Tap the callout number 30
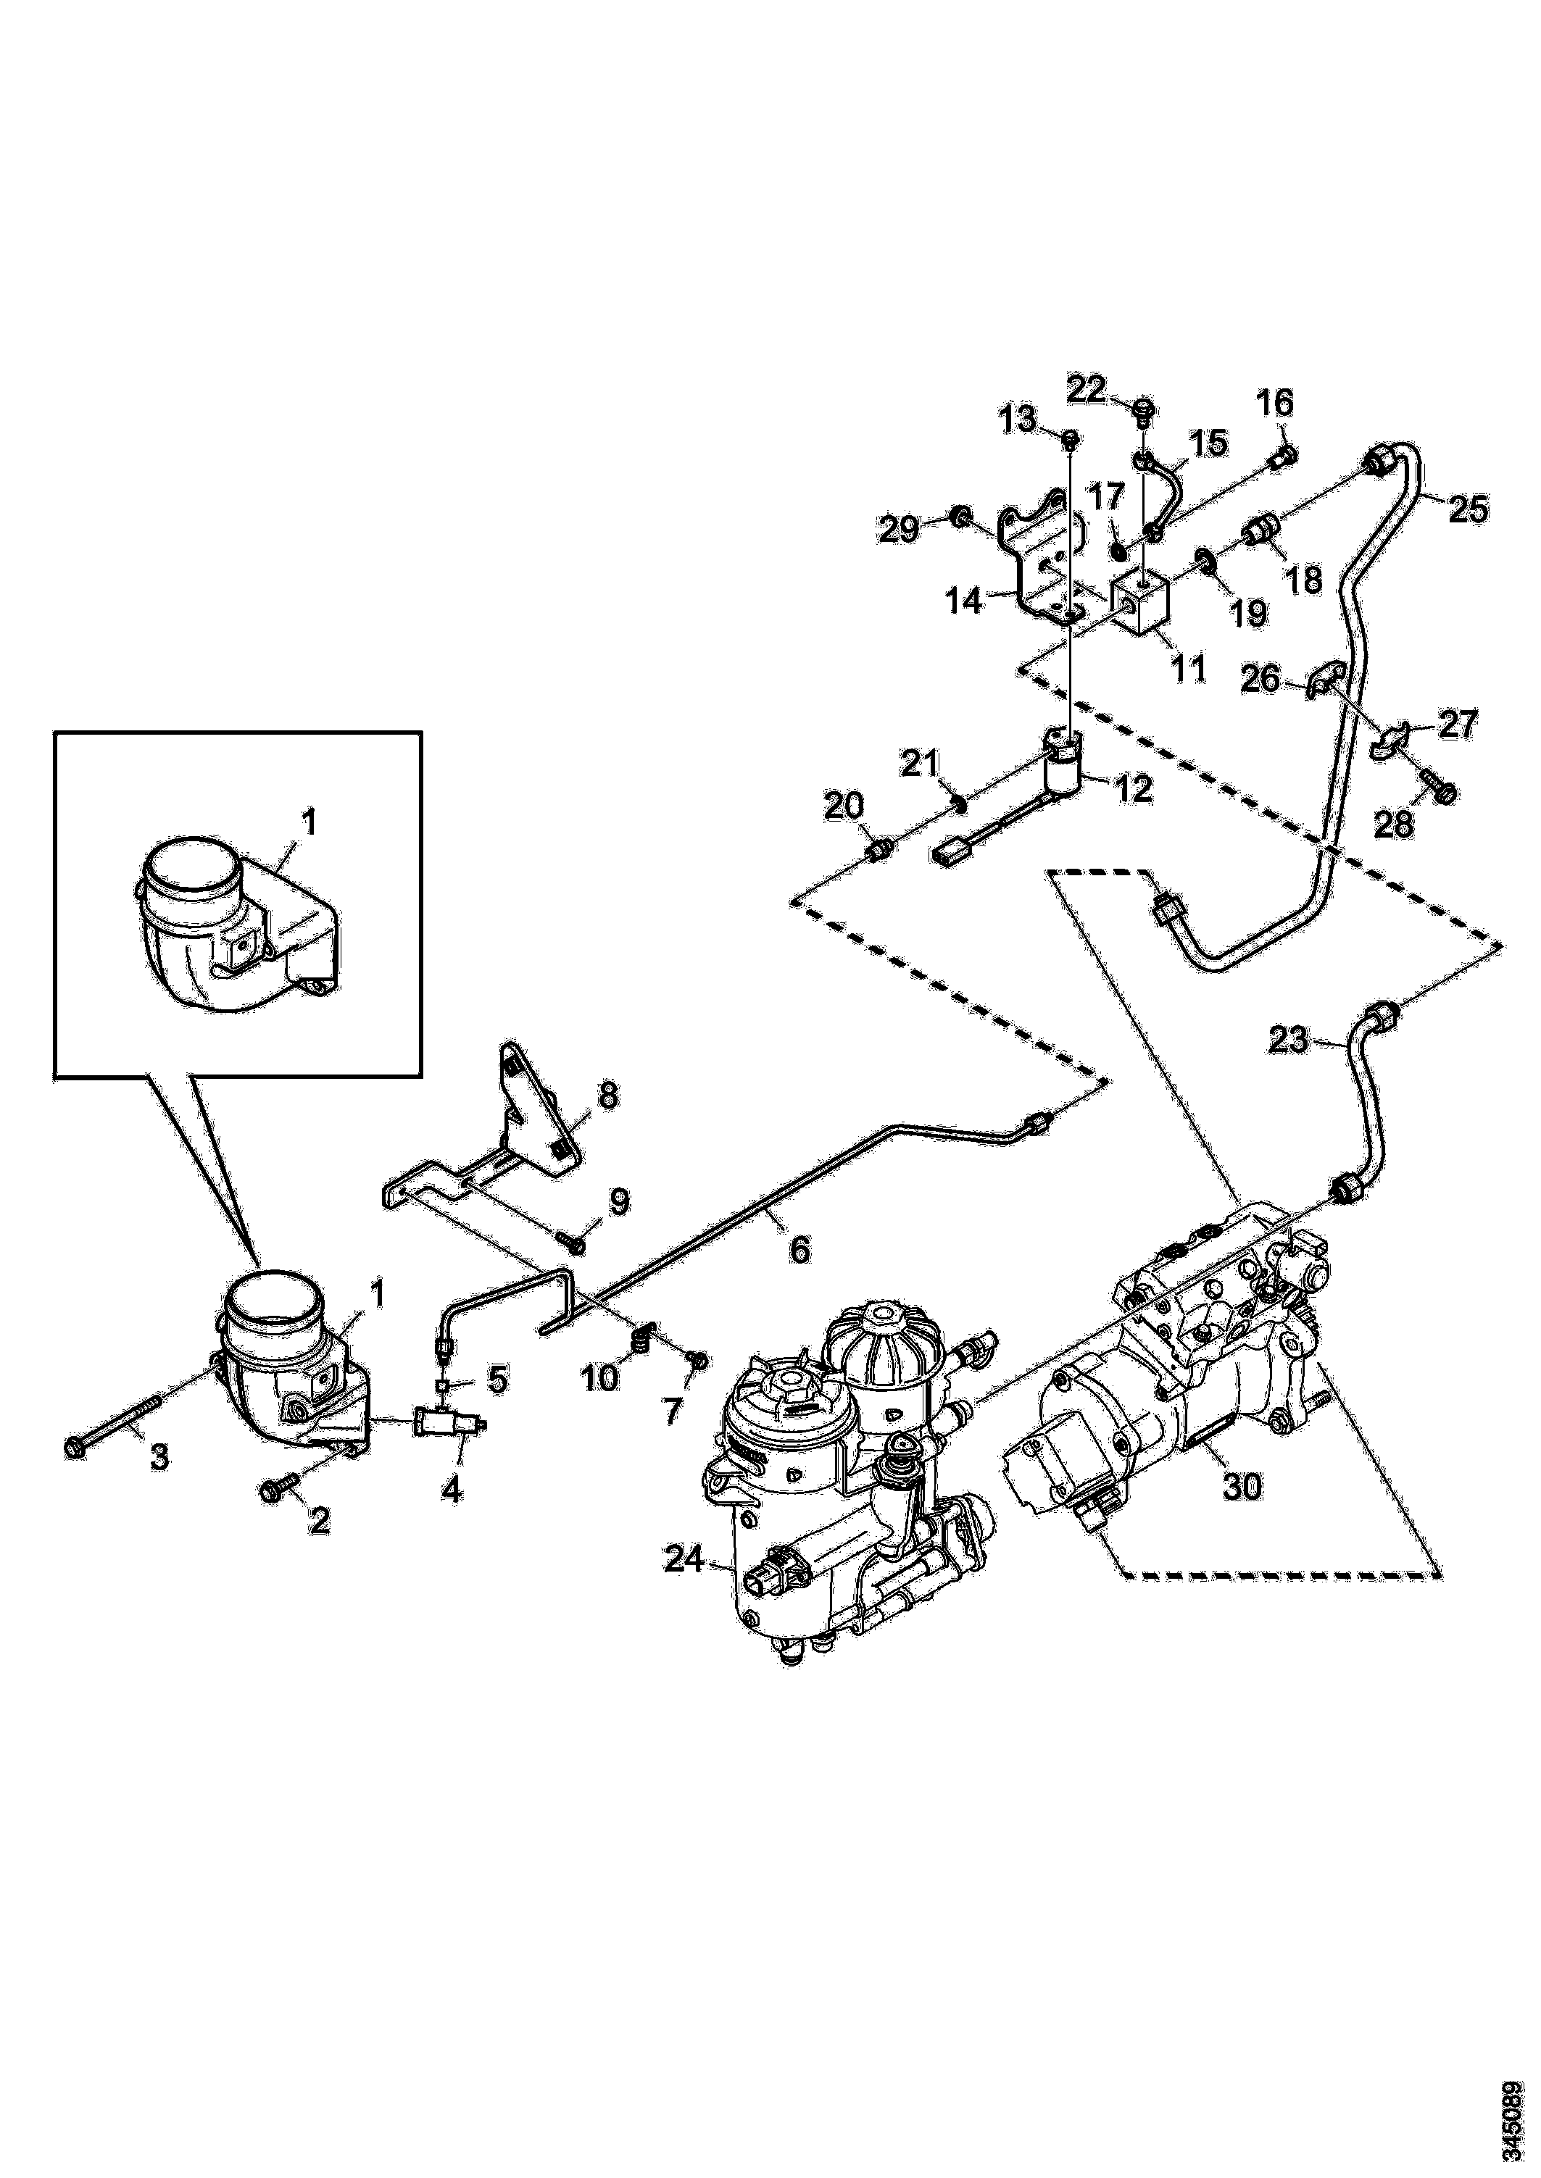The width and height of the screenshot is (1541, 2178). (1242, 1487)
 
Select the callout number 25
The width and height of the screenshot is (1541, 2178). (1467, 509)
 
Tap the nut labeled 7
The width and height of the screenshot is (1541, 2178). (697, 1361)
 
